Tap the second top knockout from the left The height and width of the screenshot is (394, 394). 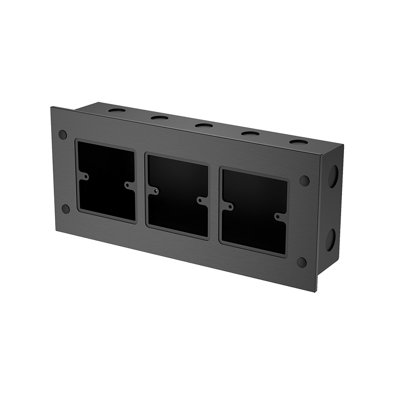pos(159,118)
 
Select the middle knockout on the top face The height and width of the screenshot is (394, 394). pos(204,125)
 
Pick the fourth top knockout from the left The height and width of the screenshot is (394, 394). pos(250,133)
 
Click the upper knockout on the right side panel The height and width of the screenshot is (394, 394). pos(333,176)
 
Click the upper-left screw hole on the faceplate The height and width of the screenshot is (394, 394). pos(63,135)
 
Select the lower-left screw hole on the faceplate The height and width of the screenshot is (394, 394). pos(66,209)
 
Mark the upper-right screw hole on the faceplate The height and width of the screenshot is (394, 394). pos(304,181)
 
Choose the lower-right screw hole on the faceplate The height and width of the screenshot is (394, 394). pos(302,262)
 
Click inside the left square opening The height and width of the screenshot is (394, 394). pos(107,181)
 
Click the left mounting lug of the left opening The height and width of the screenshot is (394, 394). pos(85,176)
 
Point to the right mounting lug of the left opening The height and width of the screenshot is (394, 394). pos(129,185)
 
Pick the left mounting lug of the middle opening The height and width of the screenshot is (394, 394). pos(155,191)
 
